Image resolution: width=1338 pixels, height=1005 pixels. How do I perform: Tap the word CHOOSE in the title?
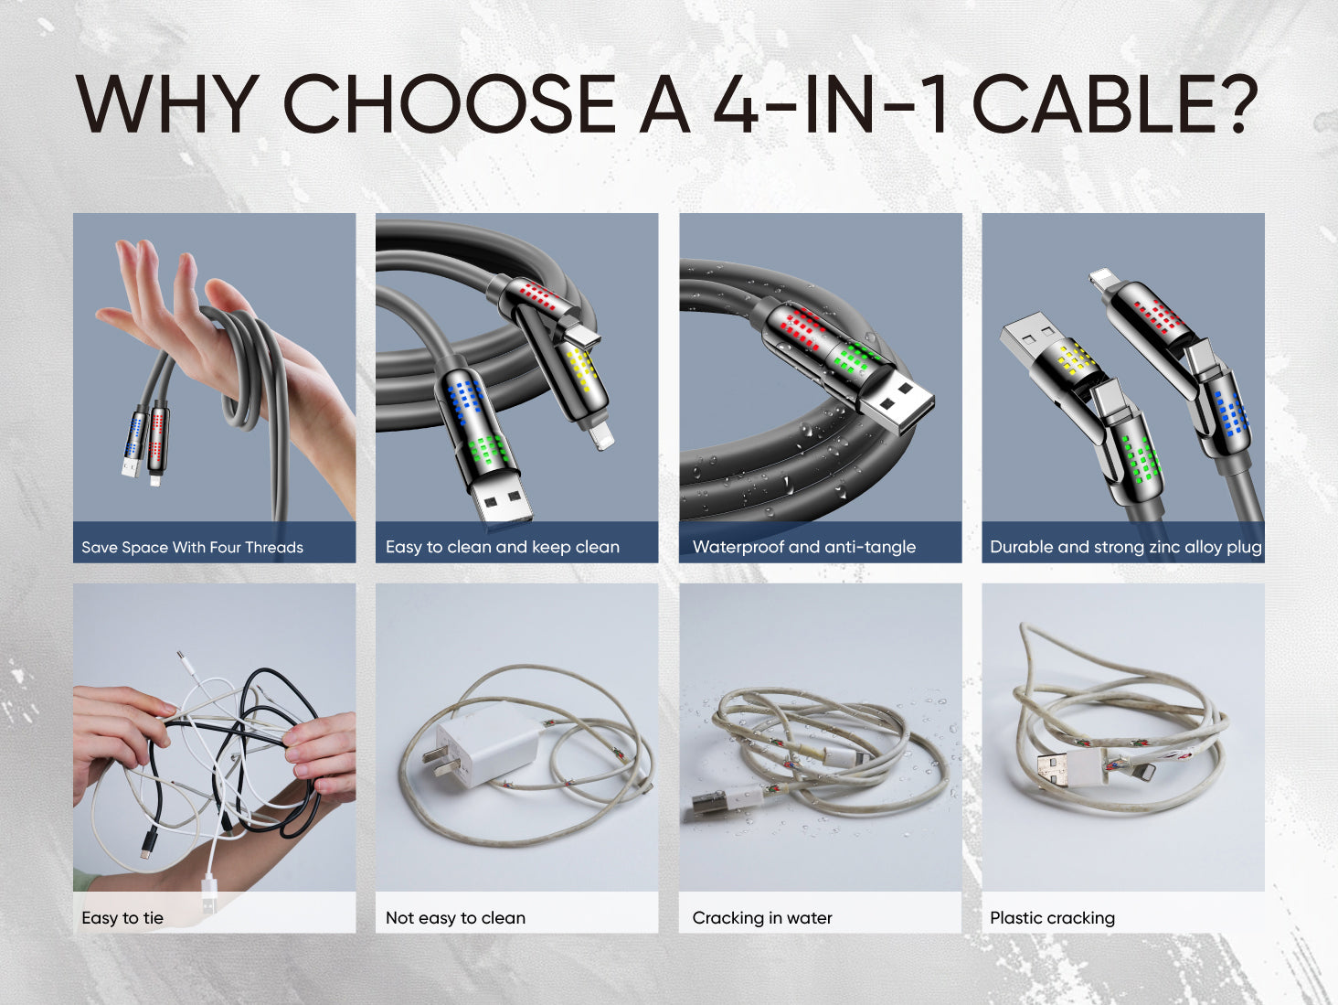click(x=450, y=103)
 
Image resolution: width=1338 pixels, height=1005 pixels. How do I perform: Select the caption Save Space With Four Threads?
click(x=192, y=547)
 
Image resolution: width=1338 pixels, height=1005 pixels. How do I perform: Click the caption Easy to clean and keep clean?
click(x=503, y=547)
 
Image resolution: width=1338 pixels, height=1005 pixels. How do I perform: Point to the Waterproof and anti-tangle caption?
click(x=804, y=547)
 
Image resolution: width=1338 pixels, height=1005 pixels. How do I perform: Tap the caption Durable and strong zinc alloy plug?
click(x=1126, y=547)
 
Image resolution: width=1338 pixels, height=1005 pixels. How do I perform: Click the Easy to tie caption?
click(x=122, y=918)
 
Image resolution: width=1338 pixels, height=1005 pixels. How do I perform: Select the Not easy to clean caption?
click(x=455, y=918)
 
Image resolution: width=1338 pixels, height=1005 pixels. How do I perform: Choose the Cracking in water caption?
click(x=762, y=918)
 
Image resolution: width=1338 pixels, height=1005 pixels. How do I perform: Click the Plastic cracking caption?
click(x=1052, y=918)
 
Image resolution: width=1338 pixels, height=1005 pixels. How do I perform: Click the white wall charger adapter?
click(x=482, y=745)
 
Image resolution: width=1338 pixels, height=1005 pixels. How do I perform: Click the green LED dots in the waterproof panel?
click(x=857, y=359)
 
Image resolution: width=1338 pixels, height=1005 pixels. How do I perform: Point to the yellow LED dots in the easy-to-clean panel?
click(x=579, y=369)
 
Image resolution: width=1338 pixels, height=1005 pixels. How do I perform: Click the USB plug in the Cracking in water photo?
click(x=711, y=805)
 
